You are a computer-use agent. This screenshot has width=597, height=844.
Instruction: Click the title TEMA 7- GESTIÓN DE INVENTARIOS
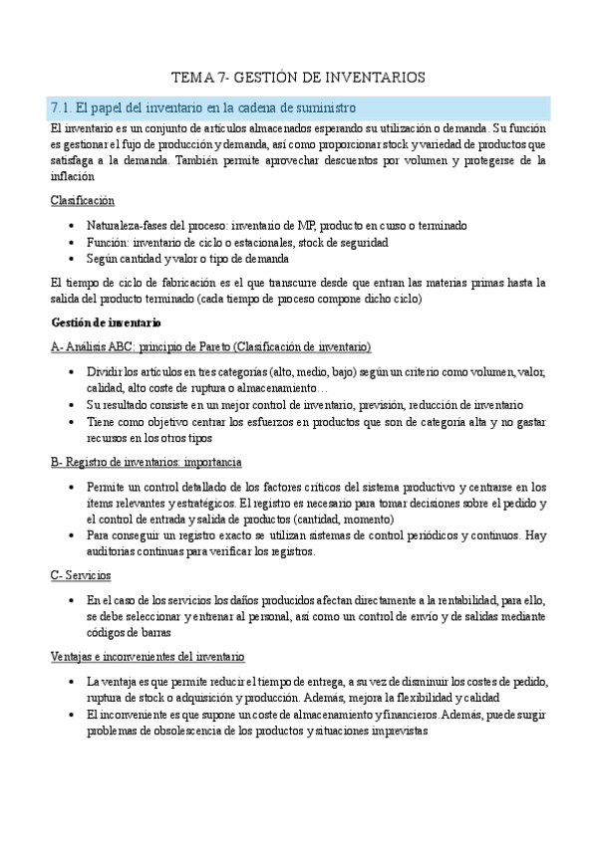click(x=298, y=77)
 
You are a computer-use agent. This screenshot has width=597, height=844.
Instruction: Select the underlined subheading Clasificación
click(x=82, y=200)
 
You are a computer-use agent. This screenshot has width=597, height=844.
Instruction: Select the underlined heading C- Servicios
click(x=80, y=576)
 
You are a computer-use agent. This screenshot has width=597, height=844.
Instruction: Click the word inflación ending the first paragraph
click(x=72, y=175)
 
